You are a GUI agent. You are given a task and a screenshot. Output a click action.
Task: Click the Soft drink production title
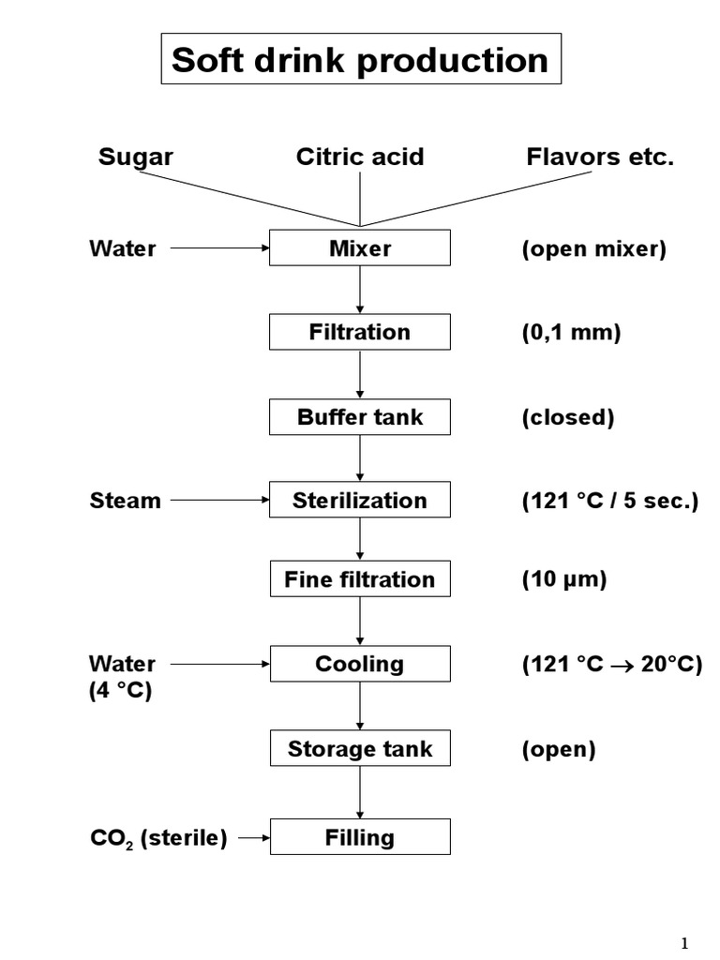pyautogui.click(x=361, y=60)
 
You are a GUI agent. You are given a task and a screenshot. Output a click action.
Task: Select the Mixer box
pyautogui.click(x=360, y=249)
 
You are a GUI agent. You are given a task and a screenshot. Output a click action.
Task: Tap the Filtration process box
pyautogui.click(x=360, y=332)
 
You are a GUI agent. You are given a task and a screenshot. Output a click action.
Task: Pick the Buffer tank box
pyautogui.click(x=360, y=417)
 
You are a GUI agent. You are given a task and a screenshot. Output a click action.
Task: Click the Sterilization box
pyautogui.click(x=360, y=501)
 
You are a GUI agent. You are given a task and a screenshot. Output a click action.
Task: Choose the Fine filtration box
pyautogui.click(x=360, y=579)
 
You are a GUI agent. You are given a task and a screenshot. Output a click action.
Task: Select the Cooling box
pyautogui.click(x=360, y=664)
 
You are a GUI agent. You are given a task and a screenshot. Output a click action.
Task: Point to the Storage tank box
pyautogui.click(x=360, y=749)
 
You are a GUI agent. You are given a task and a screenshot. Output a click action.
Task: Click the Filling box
pyautogui.click(x=360, y=837)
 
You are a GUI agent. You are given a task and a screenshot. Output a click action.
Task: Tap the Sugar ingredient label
pyautogui.click(x=136, y=157)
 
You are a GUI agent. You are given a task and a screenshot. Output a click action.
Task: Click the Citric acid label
pyautogui.click(x=360, y=157)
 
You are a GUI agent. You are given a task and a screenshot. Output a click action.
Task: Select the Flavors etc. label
pyautogui.click(x=600, y=157)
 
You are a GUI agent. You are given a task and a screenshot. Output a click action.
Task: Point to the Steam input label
pyautogui.click(x=126, y=501)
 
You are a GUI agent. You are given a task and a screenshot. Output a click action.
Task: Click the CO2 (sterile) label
pyautogui.click(x=158, y=838)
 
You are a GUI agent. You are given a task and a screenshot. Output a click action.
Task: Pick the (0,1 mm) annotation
pyautogui.click(x=571, y=333)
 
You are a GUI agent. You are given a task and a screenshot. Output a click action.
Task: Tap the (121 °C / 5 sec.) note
pyautogui.click(x=610, y=501)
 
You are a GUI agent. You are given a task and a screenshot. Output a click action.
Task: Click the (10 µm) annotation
pyautogui.click(x=564, y=579)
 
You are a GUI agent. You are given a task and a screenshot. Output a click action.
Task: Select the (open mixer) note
pyautogui.click(x=594, y=250)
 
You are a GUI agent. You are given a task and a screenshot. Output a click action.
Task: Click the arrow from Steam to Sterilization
pyautogui.click(x=219, y=501)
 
